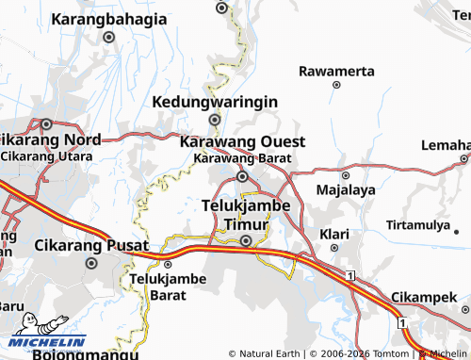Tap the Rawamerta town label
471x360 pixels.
click(x=336, y=71)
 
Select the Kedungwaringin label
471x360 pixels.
click(x=215, y=101)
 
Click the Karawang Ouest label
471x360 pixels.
click(x=242, y=141)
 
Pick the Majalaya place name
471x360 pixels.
click(x=346, y=189)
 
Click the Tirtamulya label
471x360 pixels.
click(x=418, y=225)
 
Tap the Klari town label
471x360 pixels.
click(x=333, y=232)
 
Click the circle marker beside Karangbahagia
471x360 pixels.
click(x=108, y=38)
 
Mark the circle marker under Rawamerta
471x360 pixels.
click(x=336, y=85)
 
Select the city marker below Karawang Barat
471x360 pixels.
click(x=242, y=176)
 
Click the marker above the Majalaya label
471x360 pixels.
click(x=345, y=175)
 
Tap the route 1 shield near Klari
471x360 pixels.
click(x=349, y=274)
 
